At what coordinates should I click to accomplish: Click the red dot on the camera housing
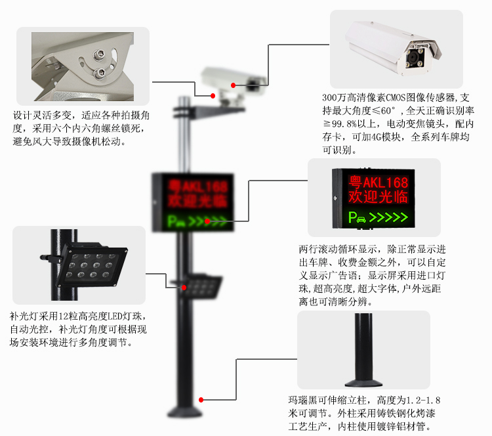[x=233, y=85]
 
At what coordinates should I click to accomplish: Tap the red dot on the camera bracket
[x=213, y=95]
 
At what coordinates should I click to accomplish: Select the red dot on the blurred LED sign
[x=207, y=221]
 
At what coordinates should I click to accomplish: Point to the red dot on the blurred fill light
[x=184, y=288]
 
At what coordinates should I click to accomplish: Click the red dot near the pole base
[x=201, y=400]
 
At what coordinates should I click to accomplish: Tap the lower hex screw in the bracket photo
[x=100, y=73]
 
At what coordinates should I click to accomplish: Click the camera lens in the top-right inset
[x=411, y=58]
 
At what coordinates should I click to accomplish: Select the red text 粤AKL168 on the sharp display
[x=378, y=183]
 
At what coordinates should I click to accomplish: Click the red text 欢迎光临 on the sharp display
[x=378, y=197]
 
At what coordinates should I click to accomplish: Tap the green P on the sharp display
[x=352, y=217]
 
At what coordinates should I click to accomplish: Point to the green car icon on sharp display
[x=361, y=219]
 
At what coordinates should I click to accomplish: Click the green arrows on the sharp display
[x=388, y=217]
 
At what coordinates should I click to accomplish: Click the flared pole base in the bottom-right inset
[x=363, y=383]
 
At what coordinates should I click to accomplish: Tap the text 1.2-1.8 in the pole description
[x=423, y=401]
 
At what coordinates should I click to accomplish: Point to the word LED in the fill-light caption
[x=115, y=316]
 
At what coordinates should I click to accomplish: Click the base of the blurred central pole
[x=185, y=412]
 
